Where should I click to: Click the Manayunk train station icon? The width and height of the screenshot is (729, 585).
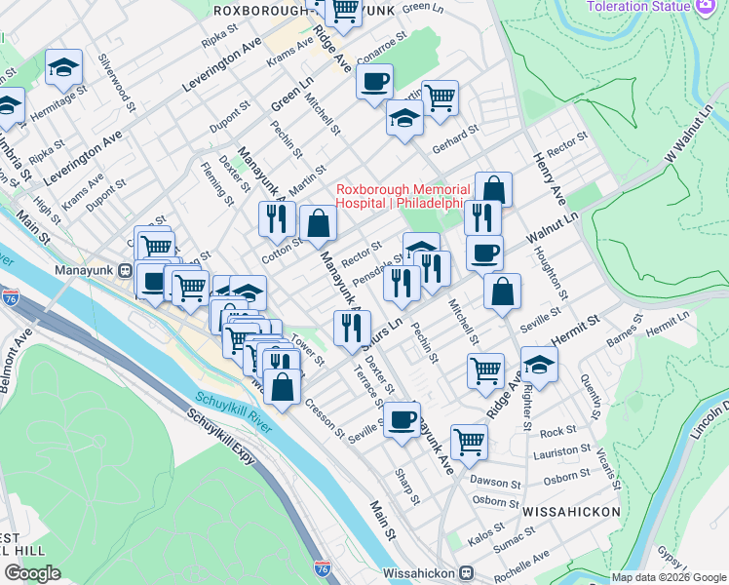coord(125,270)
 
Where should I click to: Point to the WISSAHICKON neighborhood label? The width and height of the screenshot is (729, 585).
coord(570,511)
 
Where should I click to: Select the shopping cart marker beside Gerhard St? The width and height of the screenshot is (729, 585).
coord(440,97)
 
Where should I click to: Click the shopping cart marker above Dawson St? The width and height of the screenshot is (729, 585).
coord(469,440)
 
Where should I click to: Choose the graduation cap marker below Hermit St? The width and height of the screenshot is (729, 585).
coord(539,365)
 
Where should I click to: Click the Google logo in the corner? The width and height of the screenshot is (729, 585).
coord(32,572)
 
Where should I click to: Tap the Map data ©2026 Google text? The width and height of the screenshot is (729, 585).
coord(667,577)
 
